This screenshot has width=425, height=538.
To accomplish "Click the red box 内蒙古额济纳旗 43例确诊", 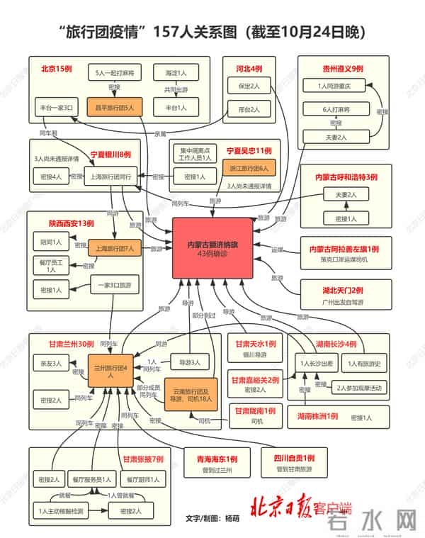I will [x=212, y=248].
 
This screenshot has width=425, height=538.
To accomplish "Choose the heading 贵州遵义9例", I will [x=343, y=69].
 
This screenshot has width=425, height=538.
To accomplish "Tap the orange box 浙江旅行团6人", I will [x=249, y=169].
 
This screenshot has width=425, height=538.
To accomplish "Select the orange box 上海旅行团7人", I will [x=115, y=249].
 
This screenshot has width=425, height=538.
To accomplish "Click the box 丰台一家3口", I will [x=55, y=108].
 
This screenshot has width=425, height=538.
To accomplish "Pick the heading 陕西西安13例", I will [x=72, y=223].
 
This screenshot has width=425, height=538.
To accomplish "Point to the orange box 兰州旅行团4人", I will [x=110, y=372].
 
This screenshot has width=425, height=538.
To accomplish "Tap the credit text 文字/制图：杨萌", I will [x=212, y=517].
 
